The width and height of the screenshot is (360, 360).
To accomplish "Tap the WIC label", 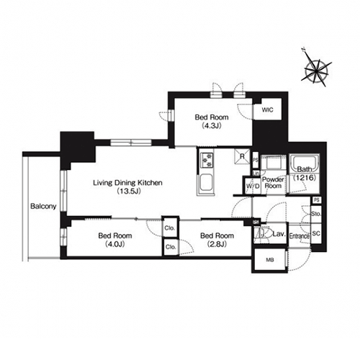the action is tap(267, 110).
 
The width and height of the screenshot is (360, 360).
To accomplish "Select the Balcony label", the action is tap(43, 206).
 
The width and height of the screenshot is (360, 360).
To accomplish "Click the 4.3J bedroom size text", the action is tap(211, 125).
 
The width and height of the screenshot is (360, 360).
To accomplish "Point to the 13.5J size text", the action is tap(128, 192).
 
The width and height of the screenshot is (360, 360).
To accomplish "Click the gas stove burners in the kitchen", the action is tap(207, 160).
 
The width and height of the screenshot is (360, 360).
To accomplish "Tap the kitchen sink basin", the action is tap(206, 184).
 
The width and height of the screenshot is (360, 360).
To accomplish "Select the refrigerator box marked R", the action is tap(242, 156).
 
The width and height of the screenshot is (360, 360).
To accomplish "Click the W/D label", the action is tap(253, 186).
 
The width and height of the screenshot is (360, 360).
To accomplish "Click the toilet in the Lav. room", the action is tap(264, 233).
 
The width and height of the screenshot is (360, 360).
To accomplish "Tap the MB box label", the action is tap(270, 260).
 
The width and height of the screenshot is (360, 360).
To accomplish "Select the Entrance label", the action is tap(300, 236).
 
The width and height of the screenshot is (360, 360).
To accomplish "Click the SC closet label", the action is tap(316, 233).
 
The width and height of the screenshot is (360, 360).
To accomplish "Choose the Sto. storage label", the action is tap(316, 213).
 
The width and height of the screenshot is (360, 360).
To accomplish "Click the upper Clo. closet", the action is tap(170, 228).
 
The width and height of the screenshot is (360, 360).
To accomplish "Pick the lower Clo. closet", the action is tap(171, 247).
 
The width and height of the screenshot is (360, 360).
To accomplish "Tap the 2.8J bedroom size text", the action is tap(217, 244).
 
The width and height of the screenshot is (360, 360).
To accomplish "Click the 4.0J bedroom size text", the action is tap(115, 244).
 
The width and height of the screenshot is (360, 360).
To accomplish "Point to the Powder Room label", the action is tap(273, 183).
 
